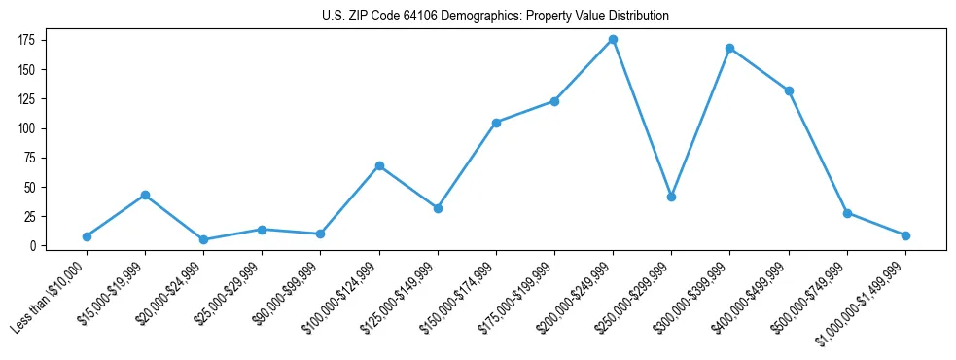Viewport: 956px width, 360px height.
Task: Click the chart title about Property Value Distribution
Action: click(x=495, y=17)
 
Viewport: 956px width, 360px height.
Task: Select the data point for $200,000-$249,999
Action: click(x=613, y=40)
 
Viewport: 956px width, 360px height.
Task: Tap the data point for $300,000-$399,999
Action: click(x=729, y=48)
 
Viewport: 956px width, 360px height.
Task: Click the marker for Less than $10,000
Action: click(x=87, y=236)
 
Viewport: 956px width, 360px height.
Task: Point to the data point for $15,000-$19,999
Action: click(x=145, y=195)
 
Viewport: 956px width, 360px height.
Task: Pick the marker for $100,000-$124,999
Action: click(x=379, y=165)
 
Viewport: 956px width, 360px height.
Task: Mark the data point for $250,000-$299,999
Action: click(x=671, y=197)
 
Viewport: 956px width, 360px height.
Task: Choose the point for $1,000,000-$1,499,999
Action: click(x=905, y=235)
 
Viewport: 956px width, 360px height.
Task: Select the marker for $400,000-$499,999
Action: click(x=789, y=90)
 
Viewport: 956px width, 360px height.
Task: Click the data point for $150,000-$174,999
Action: click(x=496, y=123)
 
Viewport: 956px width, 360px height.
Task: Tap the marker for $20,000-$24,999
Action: click(x=203, y=239)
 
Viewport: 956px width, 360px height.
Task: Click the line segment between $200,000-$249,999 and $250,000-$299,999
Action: click(x=642, y=119)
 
